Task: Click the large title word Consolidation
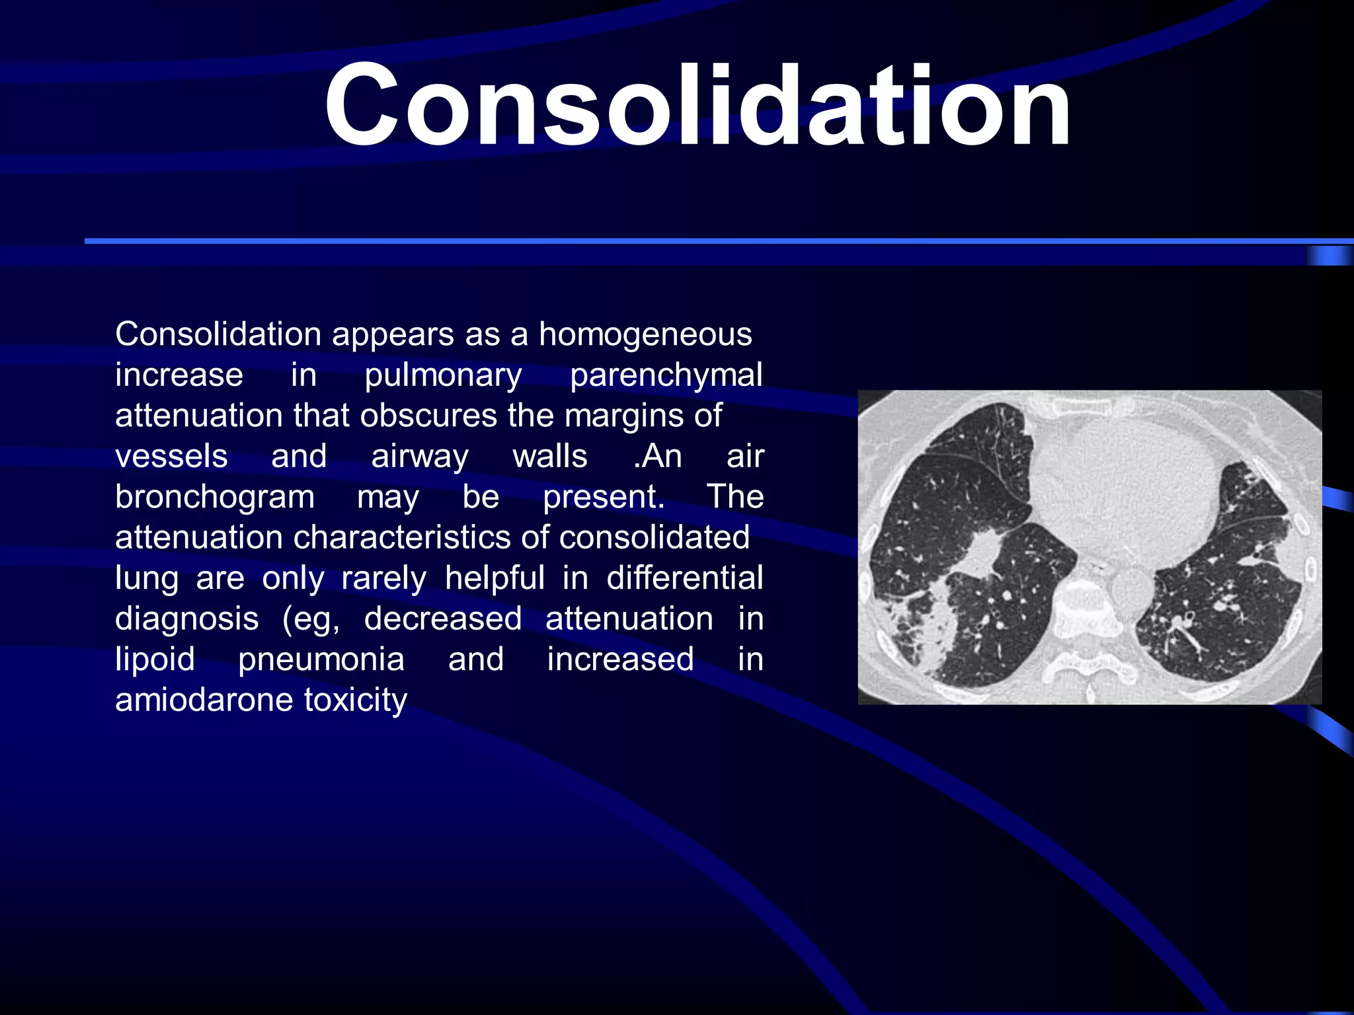tap(697, 106)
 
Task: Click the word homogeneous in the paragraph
tap(645, 334)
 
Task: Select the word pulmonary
tap(443, 375)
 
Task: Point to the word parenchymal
tap(666, 375)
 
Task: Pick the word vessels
tap(171, 456)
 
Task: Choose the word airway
tap(420, 456)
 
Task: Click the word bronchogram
tap(215, 497)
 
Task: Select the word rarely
tap(384, 578)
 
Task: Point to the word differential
tap(685, 578)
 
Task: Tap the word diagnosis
tap(187, 619)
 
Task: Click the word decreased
tap(443, 619)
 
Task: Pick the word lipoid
tap(155, 659)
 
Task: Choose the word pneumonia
tap(321, 659)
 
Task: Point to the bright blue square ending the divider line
tap(1329, 256)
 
